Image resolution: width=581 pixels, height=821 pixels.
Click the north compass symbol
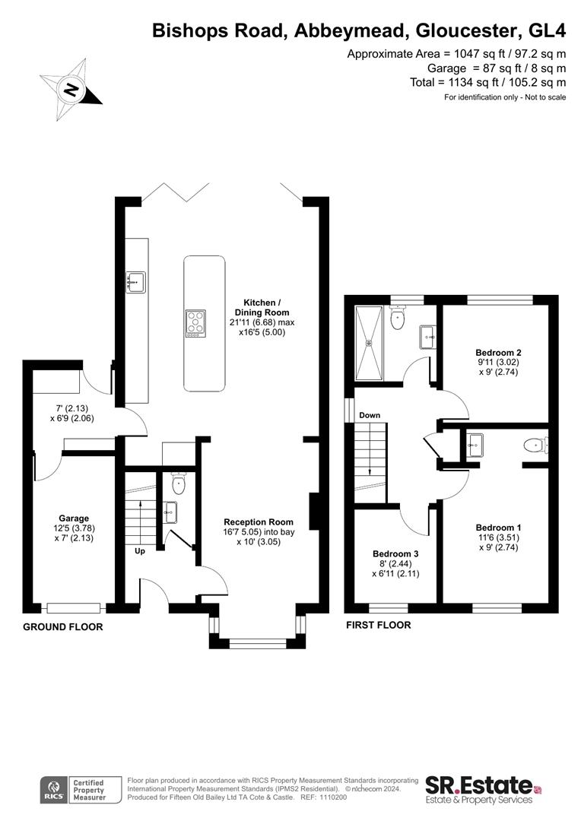[x=71, y=90]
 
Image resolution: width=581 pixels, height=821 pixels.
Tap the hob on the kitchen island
[x=196, y=322]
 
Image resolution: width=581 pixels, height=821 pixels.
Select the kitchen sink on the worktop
[x=135, y=282]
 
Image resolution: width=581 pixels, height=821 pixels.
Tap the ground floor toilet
[x=179, y=483]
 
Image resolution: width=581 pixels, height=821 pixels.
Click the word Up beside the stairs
[x=140, y=551]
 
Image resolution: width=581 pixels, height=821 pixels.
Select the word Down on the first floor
[x=370, y=415]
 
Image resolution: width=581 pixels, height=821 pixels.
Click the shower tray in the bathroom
[x=370, y=343]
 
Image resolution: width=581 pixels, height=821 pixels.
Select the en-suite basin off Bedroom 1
[x=476, y=445]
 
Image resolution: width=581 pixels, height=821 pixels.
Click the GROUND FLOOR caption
[x=63, y=626]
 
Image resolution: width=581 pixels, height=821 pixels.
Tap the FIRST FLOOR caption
[x=378, y=625]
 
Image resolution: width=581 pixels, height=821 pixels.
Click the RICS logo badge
[x=54, y=790]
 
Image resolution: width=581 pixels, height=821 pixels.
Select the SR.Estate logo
[x=483, y=789]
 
